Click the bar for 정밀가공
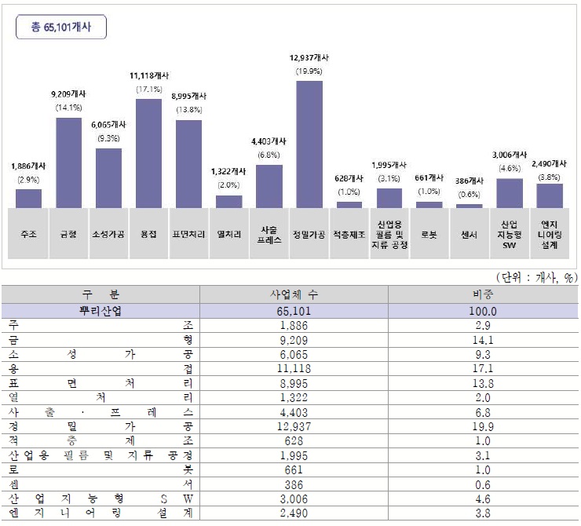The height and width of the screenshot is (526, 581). point(309,144)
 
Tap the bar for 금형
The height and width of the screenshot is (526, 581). point(68,163)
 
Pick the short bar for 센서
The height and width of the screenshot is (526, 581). point(470,206)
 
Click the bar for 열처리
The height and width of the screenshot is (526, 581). point(229,201)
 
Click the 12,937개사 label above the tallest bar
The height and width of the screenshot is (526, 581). point(309,58)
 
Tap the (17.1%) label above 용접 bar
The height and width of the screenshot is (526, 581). point(148,89)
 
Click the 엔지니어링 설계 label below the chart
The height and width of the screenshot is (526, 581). point(549,232)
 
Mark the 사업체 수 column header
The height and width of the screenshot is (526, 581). point(294,295)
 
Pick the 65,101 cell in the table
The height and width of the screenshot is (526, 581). point(294,311)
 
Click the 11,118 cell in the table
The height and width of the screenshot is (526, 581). point(294,368)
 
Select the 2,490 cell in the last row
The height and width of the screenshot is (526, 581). point(294,513)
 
